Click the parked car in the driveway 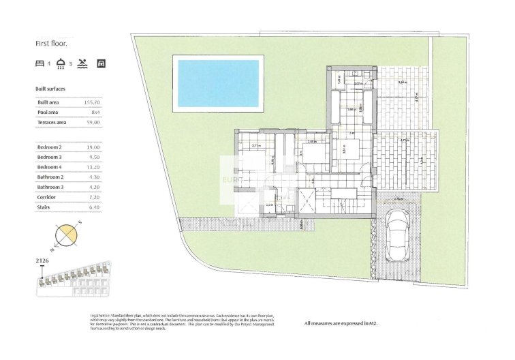[396, 235]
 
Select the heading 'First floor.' [52, 43]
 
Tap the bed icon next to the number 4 [40, 63]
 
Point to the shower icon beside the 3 [61, 63]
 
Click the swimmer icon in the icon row [82, 63]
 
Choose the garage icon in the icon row [102, 63]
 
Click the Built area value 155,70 [92, 102]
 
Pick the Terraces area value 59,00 [93, 122]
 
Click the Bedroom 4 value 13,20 [93, 167]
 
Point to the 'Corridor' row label [46, 197]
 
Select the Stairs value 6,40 [93, 207]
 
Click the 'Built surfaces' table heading [50, 89]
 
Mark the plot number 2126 [42, 260]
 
